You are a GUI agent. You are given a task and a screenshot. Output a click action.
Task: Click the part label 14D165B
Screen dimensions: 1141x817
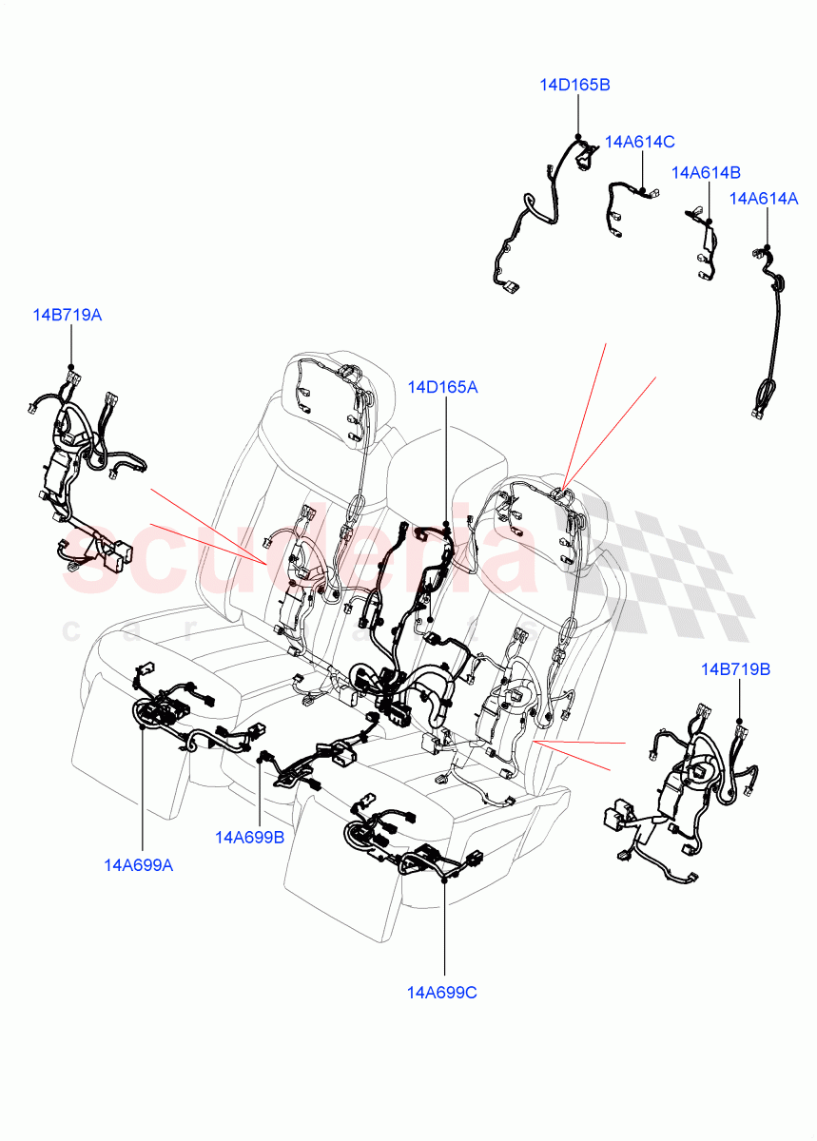[574, 85]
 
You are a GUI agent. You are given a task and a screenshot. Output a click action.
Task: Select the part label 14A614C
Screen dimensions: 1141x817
[639, 142]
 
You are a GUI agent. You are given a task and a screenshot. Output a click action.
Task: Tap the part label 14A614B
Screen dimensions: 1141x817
[706, 172]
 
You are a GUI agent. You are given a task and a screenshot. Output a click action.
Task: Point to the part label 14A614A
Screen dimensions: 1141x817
[763, 199]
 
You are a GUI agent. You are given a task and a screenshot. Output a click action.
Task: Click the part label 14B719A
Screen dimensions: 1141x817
[67, 315]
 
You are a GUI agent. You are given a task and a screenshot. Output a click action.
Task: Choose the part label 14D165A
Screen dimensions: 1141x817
[442, 387]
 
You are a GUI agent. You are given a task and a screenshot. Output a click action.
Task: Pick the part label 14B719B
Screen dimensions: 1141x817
[735, 669]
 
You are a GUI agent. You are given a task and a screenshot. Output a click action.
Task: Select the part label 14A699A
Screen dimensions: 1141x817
[139, 864]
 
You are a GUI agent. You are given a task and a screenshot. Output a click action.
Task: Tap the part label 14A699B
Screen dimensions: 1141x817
[250, 837]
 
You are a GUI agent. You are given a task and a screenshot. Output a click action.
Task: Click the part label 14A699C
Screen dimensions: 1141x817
[442, 993]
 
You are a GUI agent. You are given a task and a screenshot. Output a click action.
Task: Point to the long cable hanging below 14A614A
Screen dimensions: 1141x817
[770, 333]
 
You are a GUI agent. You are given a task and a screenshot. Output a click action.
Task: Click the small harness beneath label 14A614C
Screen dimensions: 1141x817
[618, 204]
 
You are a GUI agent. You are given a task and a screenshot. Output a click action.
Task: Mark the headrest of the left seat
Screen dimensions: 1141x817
[338, 390]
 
